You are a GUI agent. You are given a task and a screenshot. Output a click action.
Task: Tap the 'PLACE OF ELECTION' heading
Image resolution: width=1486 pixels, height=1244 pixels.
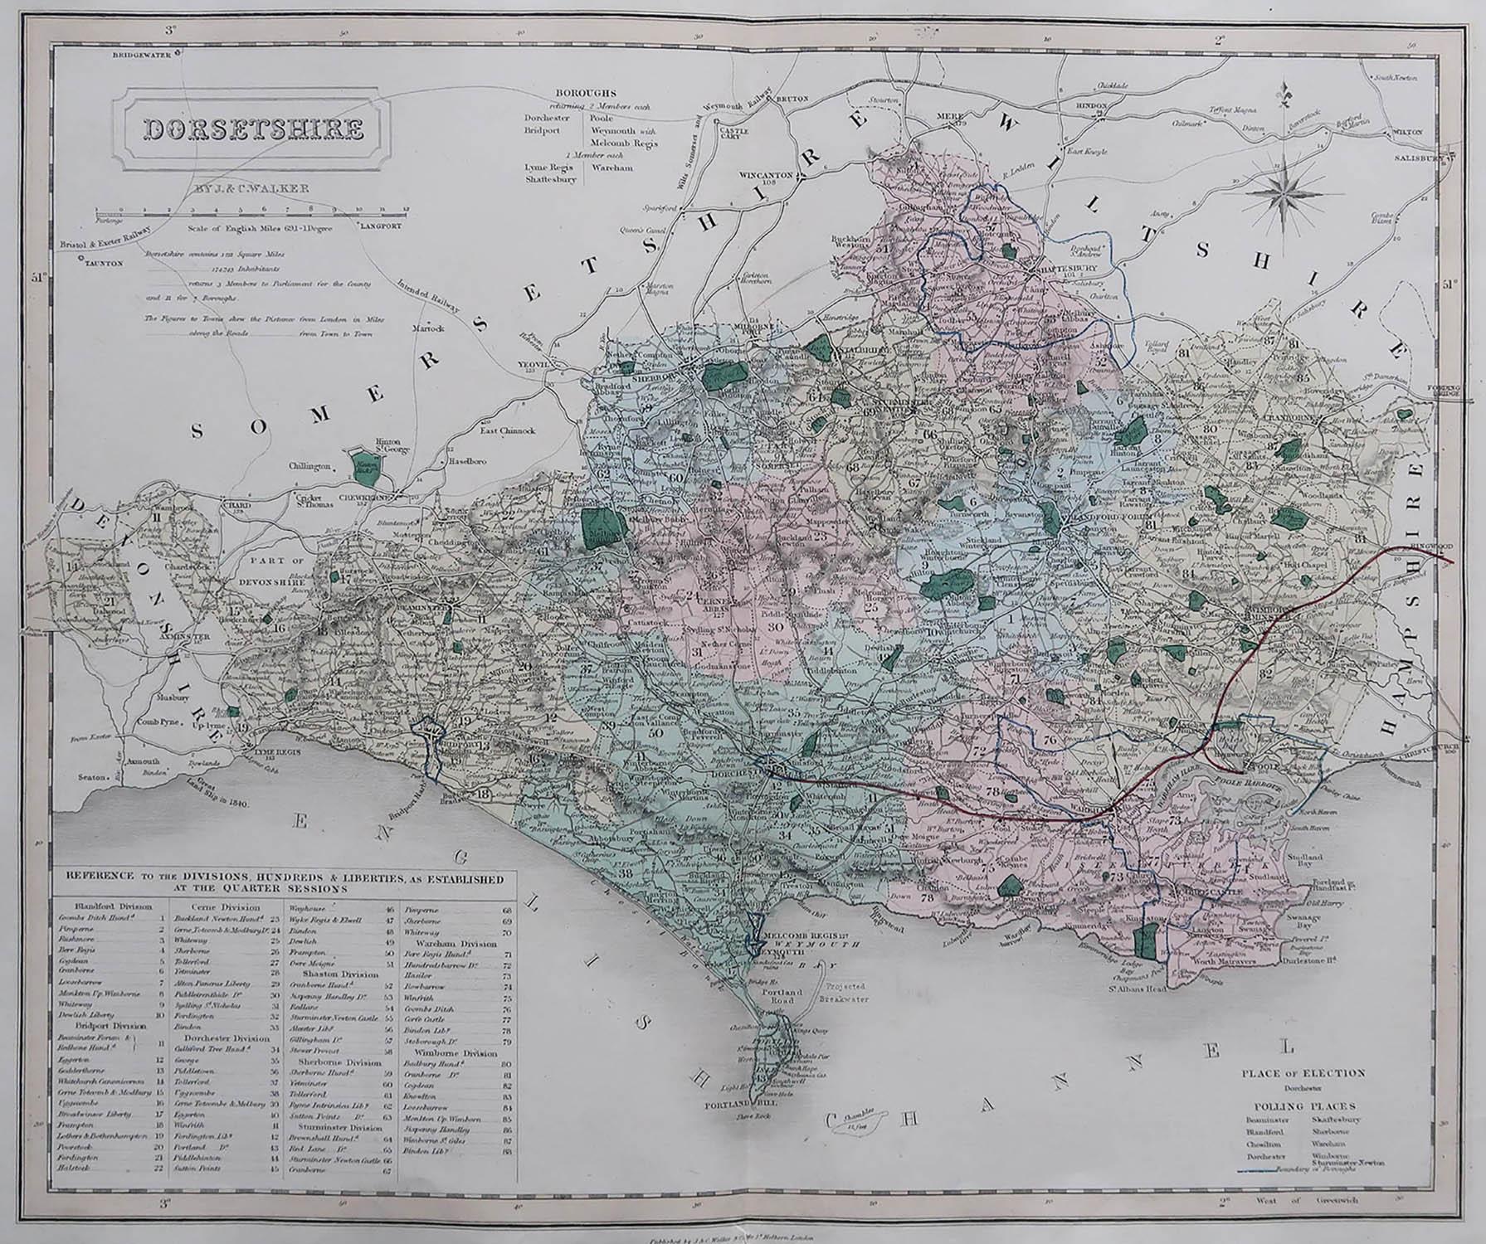tap(1303, 1072)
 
